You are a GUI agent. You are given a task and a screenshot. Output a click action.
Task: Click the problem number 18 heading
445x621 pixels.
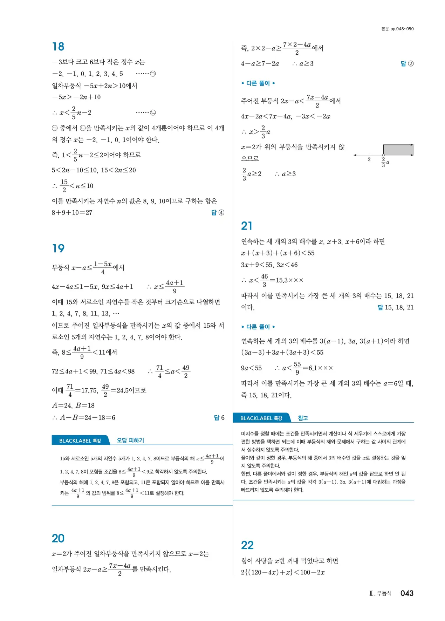[58, 47]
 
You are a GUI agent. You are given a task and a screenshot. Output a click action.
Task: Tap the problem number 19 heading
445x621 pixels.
[58, 248]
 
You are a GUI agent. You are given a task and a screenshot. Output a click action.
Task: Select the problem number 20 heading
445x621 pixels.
[58, 538]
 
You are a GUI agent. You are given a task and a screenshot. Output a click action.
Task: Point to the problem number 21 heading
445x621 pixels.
[247, 226]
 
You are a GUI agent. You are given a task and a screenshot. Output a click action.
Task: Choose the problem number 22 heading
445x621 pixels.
[247, 545]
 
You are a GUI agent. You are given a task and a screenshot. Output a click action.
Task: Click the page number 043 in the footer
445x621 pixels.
[407, 593]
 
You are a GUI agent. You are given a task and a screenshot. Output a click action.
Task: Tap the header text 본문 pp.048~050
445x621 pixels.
[397, 29]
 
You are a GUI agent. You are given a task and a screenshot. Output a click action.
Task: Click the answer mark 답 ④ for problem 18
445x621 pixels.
[218, 213]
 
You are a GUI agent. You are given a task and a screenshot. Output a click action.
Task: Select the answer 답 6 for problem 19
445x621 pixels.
[219, 418]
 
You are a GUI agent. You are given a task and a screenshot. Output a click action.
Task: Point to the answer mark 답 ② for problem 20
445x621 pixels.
[407, 64]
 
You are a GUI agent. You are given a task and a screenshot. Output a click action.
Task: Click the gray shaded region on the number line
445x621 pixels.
[398, 150]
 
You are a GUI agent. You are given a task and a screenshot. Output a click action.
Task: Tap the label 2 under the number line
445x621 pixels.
[369, 160]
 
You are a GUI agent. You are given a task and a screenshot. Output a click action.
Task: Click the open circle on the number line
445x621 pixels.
[383, 155]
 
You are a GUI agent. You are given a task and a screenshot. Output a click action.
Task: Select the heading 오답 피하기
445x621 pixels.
[130, 441]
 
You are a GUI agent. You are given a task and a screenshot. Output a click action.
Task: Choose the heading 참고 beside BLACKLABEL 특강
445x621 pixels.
[303, 418]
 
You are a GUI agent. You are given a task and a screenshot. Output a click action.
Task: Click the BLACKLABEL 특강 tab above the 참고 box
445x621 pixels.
[261, 418]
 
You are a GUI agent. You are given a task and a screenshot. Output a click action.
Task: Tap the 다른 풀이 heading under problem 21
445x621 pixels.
[258, 327]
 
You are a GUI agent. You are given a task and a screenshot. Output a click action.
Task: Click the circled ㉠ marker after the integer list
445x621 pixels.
[153, 74]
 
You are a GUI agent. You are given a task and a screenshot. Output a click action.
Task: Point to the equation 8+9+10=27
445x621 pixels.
[72, 213]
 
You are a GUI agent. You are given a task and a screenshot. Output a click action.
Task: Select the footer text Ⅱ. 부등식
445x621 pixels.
[380, 593]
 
